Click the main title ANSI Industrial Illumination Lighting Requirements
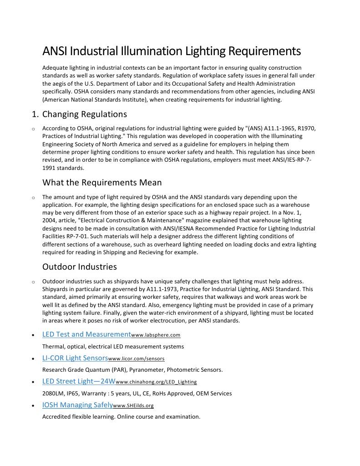pyautogui.click(x=171, y=51)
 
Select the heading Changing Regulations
pyautogui.click(x=85, y=114)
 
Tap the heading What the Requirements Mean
pyautogui.click(x=102, y=183)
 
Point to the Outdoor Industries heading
pyautogui.click(x=80, y=266)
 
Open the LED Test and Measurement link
pyautogui.click(x=86, y=334)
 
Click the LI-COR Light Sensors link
pyautogui.click(x=75, y=358)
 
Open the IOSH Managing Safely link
pyautogui.click(x=77, y=405)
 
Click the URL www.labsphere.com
pyautogui.click(x=156, y=335)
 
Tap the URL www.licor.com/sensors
pyautogui.click(x=136, y=359)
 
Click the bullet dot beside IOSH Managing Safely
pyautogui.click(x=33, y=405)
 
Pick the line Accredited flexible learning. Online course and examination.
pyautogui.click(x=121, y=416)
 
